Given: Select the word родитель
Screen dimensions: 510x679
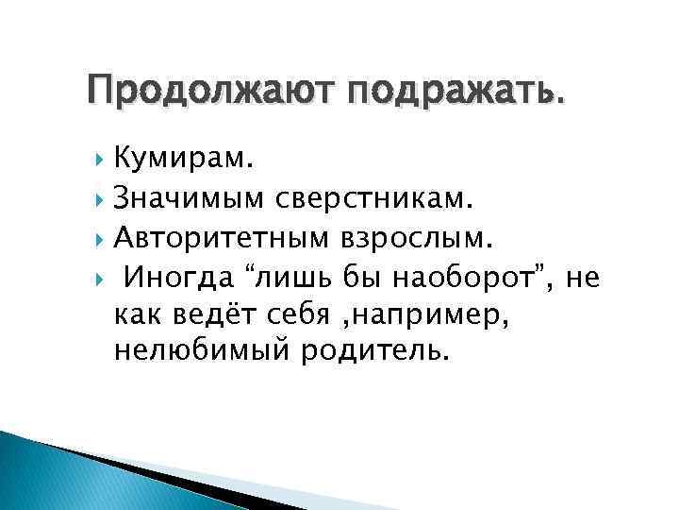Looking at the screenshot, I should pos(371,351).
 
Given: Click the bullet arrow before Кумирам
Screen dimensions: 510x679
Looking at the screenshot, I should pos(99,161).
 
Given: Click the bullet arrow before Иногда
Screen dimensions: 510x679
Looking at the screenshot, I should pos(99,277).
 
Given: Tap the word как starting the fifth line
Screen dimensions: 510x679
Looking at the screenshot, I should pos(135,314).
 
